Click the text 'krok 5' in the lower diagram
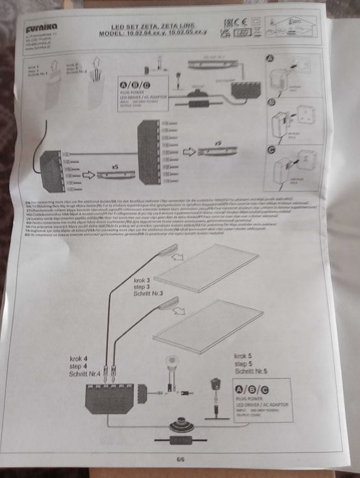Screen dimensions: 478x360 point(243,356)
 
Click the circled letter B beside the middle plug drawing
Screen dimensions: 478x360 point(273,103)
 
